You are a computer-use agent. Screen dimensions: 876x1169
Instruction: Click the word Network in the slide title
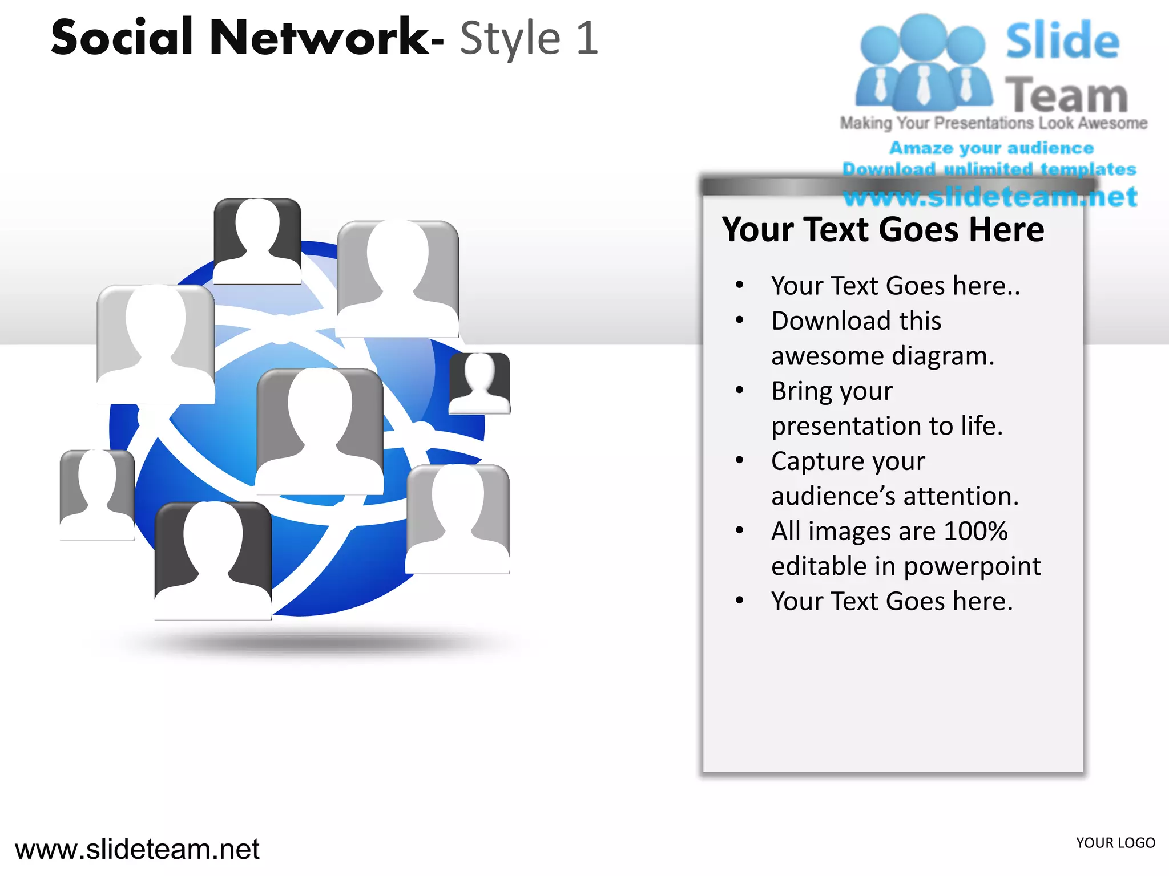320,38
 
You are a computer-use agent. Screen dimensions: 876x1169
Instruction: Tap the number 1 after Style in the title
587,39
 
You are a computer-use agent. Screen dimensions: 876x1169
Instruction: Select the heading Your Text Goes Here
882,230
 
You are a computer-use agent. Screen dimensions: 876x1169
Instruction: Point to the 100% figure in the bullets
975,531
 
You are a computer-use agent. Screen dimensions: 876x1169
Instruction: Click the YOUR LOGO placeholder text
1115,843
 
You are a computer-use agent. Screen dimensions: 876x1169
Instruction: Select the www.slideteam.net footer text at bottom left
137,850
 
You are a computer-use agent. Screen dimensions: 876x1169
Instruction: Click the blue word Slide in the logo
1062,41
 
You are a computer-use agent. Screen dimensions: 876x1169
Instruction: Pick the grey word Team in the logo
1066,95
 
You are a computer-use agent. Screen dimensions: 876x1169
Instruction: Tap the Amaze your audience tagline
991,148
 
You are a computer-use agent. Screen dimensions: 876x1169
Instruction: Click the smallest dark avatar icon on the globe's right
479,382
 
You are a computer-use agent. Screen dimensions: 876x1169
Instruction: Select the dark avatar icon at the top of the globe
257,241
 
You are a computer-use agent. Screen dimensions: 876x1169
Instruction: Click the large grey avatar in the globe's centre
320,431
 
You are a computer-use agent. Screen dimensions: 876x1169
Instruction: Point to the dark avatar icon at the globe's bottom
213,560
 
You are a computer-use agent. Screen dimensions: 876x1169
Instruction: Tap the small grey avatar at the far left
97,494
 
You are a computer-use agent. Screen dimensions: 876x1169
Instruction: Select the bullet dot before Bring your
740,390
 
